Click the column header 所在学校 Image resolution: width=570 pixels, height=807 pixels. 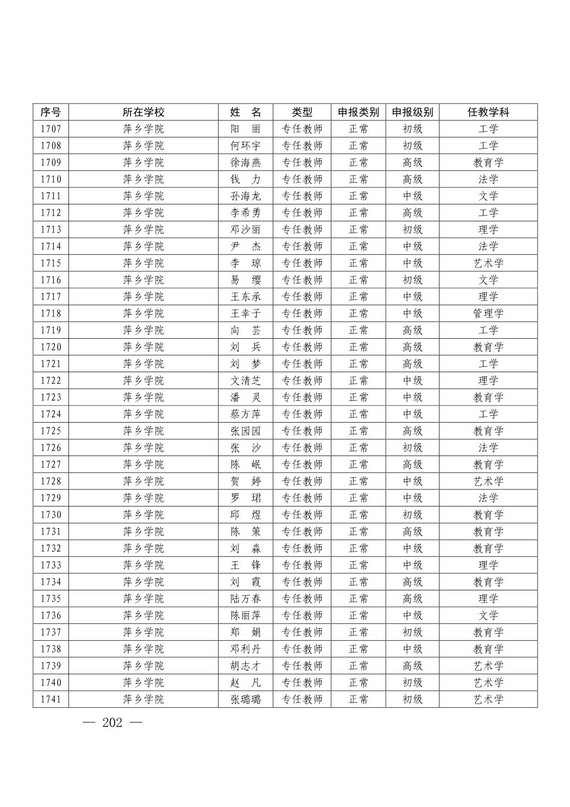[x=143, y=112]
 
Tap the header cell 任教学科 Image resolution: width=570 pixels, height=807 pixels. [x=488, y=112]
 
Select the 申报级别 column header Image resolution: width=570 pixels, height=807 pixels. [x=412, y=112]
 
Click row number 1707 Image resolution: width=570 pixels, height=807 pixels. [x=51, y=129]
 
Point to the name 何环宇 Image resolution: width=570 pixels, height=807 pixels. [x=245, y=145]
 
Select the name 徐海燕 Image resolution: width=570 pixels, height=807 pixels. [x=245, y=162]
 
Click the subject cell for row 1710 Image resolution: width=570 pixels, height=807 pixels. [x=488, y=179]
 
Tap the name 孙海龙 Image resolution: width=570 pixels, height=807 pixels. [x=245, y=196]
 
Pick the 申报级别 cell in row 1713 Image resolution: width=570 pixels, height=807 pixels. [x=412, y=229]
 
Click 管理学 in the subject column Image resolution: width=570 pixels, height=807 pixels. [x=488, y=313]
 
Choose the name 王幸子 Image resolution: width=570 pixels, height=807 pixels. [x=245, y=313]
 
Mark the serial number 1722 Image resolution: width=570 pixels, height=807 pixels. [x=51, y=381]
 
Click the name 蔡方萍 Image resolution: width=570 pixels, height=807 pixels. [x=245, y=414]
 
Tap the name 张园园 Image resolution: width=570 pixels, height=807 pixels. [x=245, y=431]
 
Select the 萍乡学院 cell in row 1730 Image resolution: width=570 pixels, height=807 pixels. [x=143, y=514]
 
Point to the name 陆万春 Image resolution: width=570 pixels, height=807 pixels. [x=245, y=598]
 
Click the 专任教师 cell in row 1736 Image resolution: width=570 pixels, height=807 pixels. [x=301, y=615]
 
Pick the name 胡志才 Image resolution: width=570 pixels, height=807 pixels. [x=245, y=666]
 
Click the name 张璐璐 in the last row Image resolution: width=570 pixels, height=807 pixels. [x=245, y=699]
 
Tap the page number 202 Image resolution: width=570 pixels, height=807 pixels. [x=112, y=723]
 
